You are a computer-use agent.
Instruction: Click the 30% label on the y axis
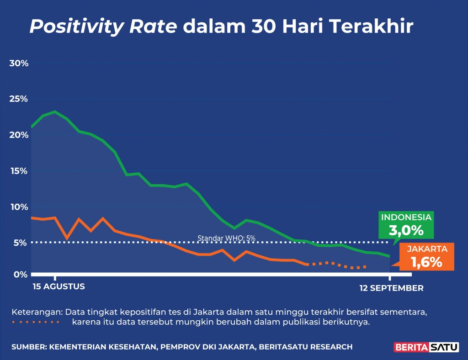(19, 63)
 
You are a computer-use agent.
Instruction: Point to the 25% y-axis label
(19, 99)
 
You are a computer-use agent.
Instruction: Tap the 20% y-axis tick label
(19, 135)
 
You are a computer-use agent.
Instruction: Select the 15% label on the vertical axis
(19, 171)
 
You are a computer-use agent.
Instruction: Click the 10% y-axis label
(19, 207)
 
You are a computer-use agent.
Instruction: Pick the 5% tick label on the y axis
(21, 243)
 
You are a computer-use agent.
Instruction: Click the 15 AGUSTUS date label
(59, 287)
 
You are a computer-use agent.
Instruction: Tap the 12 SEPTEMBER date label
(391, 288)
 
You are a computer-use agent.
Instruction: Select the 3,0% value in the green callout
(406, 231)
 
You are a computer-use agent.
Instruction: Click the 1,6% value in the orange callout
(426, 262)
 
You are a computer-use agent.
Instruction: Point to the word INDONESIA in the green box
(406, 217)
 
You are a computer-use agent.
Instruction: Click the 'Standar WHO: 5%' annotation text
(226, 238)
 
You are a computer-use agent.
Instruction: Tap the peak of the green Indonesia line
(55, 111)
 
